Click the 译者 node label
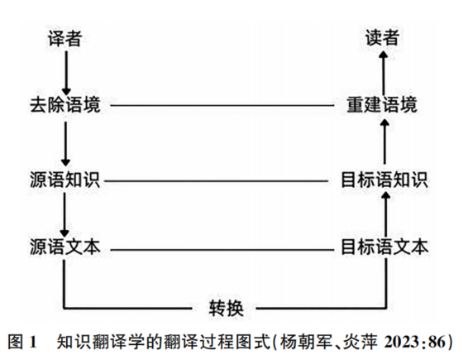pyautogui.click(x=64, y=39)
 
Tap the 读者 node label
pyautogui.click(x=382, y=38)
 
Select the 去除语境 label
pyautogui.click(x=65, y=105)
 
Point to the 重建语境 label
pyautogui.click(x=382, y=105)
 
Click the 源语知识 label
pyautogui.click(x=64, y=180)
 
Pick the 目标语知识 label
pyautogui.click(x=384, y=180)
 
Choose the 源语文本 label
pyautogui.click(x=65, y=247)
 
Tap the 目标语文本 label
pyautogui.click(x=384, y=247)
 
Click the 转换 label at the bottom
pyautogui.click(x=226, y=308)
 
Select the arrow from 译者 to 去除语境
pyautogui.click(x=66, y=73)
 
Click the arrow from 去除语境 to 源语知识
pyautogui.click(x=65, y=144)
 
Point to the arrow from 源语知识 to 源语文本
pyautogui.click(x=64, y=215)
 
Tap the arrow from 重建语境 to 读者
pyautogui.click(x=384, y=73)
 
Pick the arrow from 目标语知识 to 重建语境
pyautogui.click(x=384, y=142)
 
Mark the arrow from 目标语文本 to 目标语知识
pyautogui.click(x=386, y=214)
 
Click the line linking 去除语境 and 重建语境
pyautogui.click(x=222, y=105)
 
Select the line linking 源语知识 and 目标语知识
pyautogui.click(x=217, y=180)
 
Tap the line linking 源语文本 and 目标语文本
pyautogui.click(x=222, y=250)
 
